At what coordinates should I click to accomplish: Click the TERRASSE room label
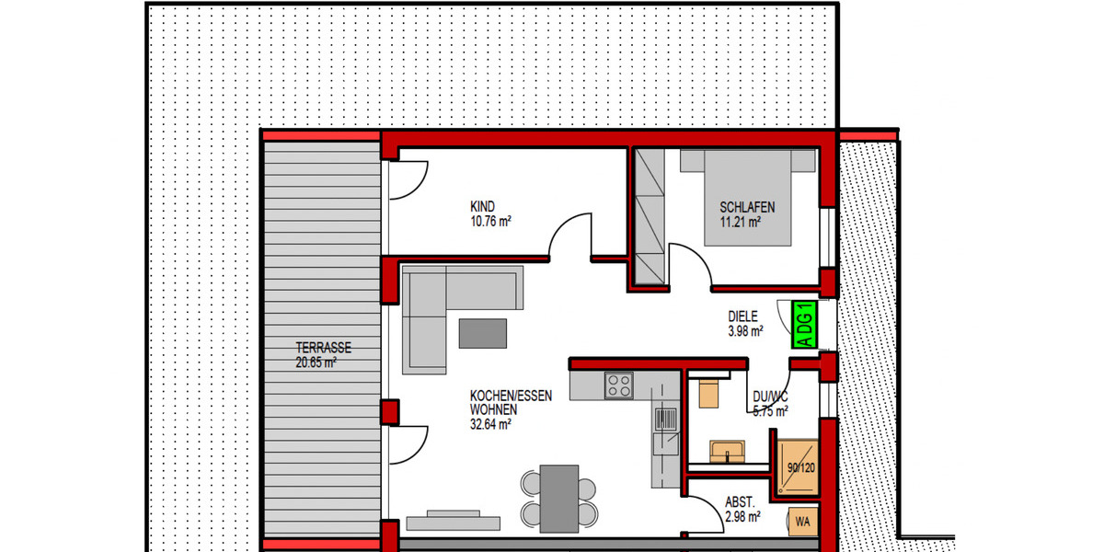pyautogui.click(x=323, y=348)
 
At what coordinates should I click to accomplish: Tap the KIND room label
pyautogui.click(x=483, y=207)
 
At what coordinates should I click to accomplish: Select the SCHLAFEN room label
pyautogui.click(x=746, y=207)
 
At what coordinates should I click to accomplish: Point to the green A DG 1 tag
pyautogui.click(x=804, y=324)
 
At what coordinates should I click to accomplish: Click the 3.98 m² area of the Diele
pyautogui.click(x=744, y=331)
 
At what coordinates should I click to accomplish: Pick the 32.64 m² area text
pyautogui.click(x=490, y=424)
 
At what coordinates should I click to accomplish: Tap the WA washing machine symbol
pyautogui.click(x=802, y=523)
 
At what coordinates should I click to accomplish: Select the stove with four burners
pyautogui.click(x=617, y=385)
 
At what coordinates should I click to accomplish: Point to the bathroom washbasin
pyautogui.click(x=728, y=451)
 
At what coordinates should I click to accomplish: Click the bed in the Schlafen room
pyautogui.click(x=748, y=197)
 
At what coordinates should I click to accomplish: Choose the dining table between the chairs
pyautogui.click(x=558, y=498)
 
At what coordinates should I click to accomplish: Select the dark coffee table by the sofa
pyautogui.click(x=483, y=332)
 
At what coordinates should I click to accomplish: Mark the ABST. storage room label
pyautogui.click(x=740, y=502)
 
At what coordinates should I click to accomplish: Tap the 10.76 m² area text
pyautogui.click(x=490, y=221)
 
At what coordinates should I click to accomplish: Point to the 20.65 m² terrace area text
pyautogui.click(x=316, y=362)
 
